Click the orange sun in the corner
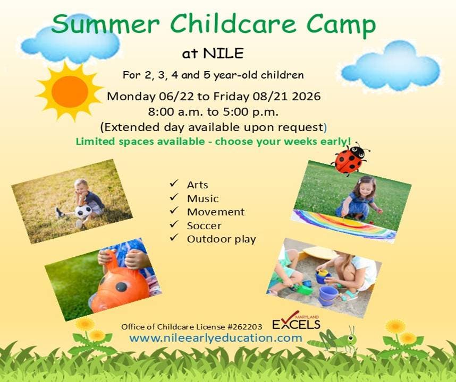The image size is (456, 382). (x=70, y=92)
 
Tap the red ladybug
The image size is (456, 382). (x=350, y=159)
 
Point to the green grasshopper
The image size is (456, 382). (x=333, y=338)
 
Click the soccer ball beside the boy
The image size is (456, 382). (x=83, y=211)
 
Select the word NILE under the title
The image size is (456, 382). (x=223, y=54)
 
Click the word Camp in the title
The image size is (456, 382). (x=341, y=25)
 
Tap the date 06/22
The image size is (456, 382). (x=176, y=97)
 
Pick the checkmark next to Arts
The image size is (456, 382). (x=174, y=183)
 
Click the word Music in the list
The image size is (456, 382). (x=202, y=198)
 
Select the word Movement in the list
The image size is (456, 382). (x=216, y=212)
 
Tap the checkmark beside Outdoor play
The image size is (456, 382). (x=174, y=238)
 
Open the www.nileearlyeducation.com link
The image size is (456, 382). (x=216, y=338)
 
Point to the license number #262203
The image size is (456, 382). (x=244, y=327)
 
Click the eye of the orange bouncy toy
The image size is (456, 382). (x=121, y=287)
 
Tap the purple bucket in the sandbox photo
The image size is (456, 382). (x=328, y=296)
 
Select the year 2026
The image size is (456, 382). (x=306, y=97)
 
